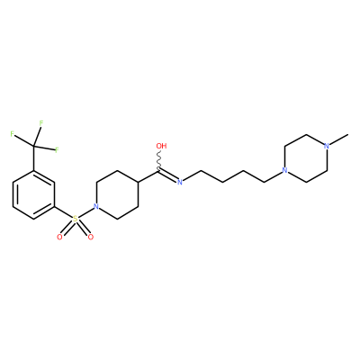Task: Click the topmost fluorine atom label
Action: pos(41,123)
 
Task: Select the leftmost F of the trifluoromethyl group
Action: pos(13,134)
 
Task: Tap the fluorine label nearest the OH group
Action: pos(57,149)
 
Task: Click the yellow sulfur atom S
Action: pos(75,220)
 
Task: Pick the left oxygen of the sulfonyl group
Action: pos(59,237)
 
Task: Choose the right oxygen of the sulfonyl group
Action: pos(91,237)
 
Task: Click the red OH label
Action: pos(161,146)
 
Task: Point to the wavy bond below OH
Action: pos(159,160)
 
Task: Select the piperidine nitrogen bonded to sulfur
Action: pos(95,206)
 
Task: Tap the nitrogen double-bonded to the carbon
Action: pos(180,182)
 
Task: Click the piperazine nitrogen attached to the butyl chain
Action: pos(284,171)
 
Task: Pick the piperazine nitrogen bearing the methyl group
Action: pos(327,146)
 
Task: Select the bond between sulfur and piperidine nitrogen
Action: pos(85,213)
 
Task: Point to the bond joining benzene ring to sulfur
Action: pos(63,212)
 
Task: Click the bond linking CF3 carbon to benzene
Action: pos(33,158)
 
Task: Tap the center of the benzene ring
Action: pos(33,194)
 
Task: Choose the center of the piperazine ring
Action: pos(306,158)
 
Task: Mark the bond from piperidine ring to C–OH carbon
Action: pos(148,176)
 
